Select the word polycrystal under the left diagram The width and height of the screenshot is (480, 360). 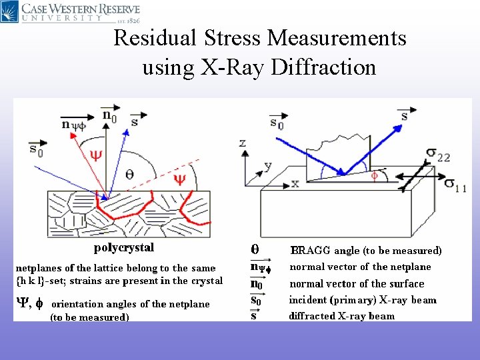pyautogui.click(x=123, y=248)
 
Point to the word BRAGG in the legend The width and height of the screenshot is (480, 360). pyautogui.click(x=311, y=251)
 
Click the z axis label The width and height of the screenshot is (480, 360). pyautogui.click(x=243, y=143)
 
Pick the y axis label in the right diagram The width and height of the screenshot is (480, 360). pyautogui.click(x=268, y=165)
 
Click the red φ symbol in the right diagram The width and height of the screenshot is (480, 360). pyautogui.click(x=374, y=176)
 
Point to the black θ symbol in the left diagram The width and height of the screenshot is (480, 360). pyautogui.click(x=129, y=174)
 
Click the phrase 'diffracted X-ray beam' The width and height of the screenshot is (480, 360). pyautogui.click(x=341, y=316)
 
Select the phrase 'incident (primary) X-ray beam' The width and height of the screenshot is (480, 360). pyautogui.click(x=363, y=300)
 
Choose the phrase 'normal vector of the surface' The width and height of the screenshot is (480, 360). pyautogui.click(x=357, y=283)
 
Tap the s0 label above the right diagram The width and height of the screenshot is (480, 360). pyautogui.click(x=276, y=123)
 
